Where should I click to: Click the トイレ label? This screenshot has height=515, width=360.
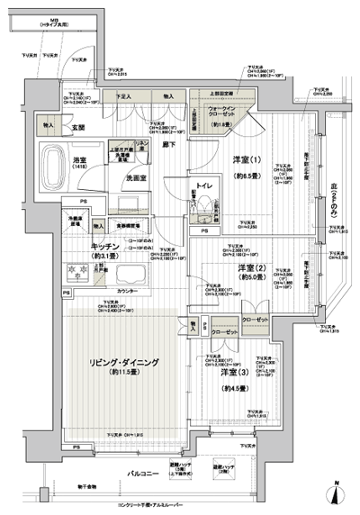(204, 185)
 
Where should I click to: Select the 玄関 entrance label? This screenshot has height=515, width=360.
(78, 127)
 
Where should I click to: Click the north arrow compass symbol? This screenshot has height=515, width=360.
(335, 493)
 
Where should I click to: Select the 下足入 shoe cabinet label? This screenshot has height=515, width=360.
(125, 95)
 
